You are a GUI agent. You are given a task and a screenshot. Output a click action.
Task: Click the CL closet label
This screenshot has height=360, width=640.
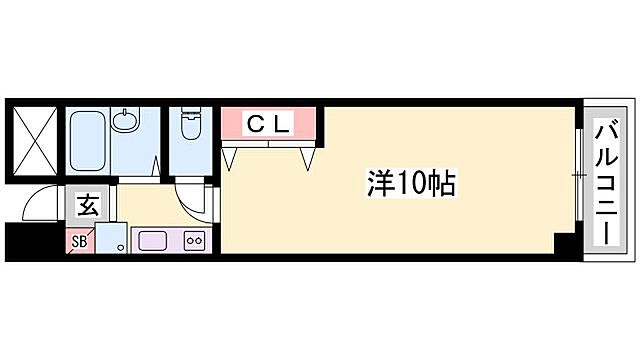268,123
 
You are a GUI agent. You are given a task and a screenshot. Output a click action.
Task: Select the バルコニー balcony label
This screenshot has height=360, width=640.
607,181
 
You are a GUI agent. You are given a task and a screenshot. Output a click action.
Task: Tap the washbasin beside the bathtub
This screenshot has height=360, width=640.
127,122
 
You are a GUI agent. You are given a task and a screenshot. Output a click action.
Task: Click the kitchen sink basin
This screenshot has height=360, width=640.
153,240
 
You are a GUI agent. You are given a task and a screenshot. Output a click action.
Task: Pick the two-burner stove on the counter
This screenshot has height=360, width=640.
194,240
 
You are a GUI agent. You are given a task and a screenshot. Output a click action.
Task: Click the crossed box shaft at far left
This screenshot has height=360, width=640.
33,140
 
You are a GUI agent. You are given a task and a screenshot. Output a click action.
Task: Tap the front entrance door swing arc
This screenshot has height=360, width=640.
42,204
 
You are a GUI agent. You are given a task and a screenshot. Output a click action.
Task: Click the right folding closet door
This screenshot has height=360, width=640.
307,156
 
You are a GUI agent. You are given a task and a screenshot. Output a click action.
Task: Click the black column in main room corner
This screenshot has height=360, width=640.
566,243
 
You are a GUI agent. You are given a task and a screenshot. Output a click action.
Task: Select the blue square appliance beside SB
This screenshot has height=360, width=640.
112,242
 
